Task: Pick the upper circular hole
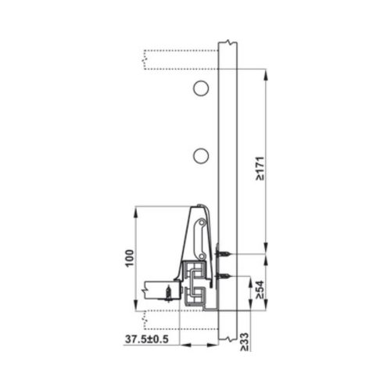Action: point(201,88)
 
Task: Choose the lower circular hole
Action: point(201,156)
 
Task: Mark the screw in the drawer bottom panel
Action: point(167,291)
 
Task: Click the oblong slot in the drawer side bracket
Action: point(202,231)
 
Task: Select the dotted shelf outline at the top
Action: point(180,58)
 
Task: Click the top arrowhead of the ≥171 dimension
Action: point(267,75)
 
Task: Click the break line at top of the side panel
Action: point(228,41)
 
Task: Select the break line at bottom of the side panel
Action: point(228,339)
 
